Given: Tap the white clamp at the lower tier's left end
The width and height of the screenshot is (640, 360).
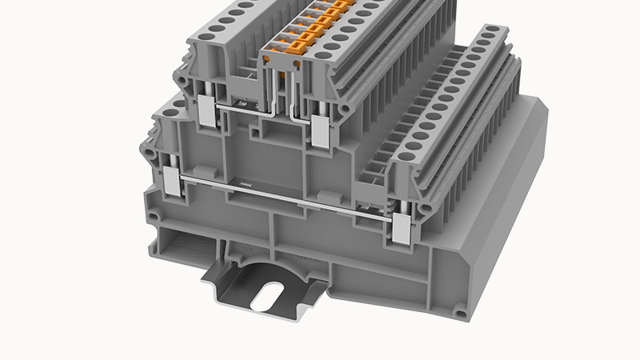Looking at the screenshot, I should click(172, 185).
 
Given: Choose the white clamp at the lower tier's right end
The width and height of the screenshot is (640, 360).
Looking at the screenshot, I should click(401, 228).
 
